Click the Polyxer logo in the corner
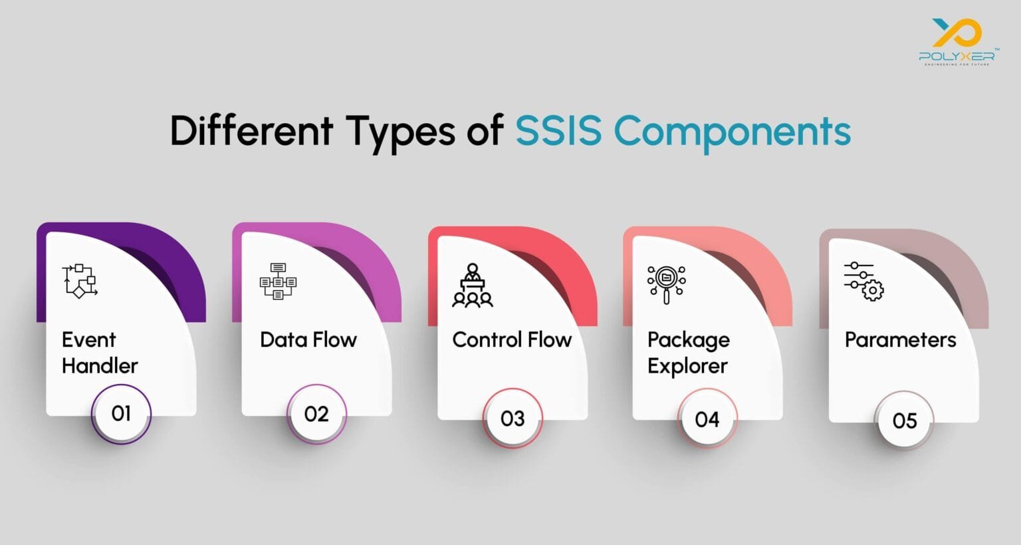pyautogui.click(x=957, y=41)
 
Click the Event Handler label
pyautogui.click(x=100, y=352)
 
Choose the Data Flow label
pyautogui.click(x=308, y=339)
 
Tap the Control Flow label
pyautogui.click(x=512, y=339)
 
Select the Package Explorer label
pyautogui.click(x=689, y=353)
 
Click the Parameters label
pyautogui.click(x=900, y=339)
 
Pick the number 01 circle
pyautogui.click(x=121, y=413)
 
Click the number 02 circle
pyautogui.click(x=316, y=414)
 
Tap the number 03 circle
pyautogui.click(x=512, y=419)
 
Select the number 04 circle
pyautogui.click(x=707, y=419)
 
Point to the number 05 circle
pyautogui.click(x=905, y=421)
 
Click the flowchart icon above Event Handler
pyautogui.click(x=80, y=281)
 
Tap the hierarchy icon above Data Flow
pyautogui.click(x=278, y=281)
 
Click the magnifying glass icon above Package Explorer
pyautogui.click(x=667, y=284)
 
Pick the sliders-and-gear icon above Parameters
pyautogui.click(x=863, y=281)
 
